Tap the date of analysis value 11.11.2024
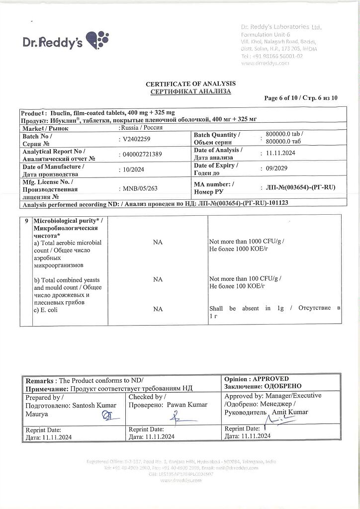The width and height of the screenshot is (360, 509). (x=281, y=154)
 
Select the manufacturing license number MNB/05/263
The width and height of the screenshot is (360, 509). (x=142, y=188)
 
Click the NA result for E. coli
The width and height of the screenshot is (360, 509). (x=158, y=309)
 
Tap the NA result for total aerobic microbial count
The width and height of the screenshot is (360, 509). (x=158, y=242)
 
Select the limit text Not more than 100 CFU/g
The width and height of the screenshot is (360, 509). (x=246, y=279)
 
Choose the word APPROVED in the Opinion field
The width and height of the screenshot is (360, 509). (x=271, y=379)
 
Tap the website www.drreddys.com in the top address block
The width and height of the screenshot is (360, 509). (x=265, y=63)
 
